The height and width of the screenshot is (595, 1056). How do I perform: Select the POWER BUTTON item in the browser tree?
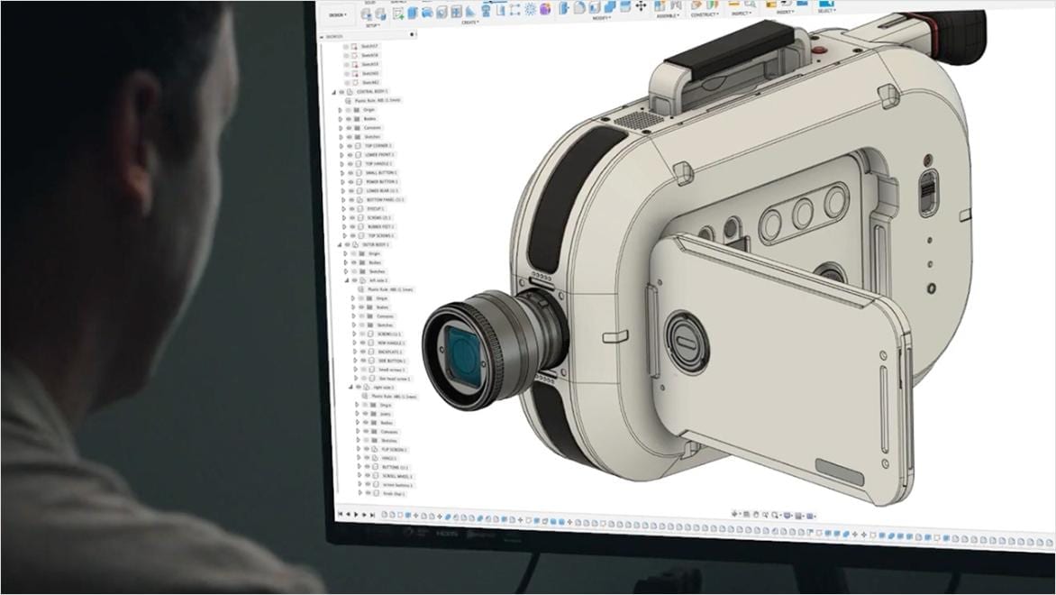(x=378, y=181)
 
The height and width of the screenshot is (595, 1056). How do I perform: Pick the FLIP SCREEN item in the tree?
(x=394, y=449)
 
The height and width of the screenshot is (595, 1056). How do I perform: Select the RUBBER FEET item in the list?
(x=380, y=226)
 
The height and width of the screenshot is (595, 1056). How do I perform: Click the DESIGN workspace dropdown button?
(x=337, y=14)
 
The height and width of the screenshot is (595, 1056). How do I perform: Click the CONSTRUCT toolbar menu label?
(x=705, y=15)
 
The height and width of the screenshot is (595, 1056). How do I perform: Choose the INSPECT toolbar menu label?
(x=742, y=15)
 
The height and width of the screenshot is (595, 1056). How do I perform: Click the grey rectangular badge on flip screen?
(x=839, y=468)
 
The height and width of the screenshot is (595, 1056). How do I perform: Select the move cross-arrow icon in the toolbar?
(x=641, y=6)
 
